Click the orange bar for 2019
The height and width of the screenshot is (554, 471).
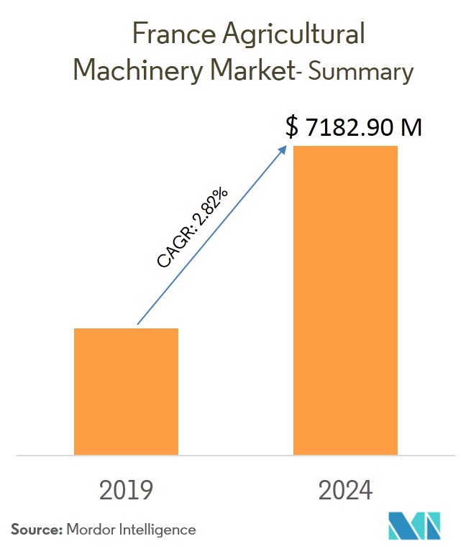126,391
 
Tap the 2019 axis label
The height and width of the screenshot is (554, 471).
126,490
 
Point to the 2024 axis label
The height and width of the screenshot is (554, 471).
345,490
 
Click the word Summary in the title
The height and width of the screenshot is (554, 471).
359,72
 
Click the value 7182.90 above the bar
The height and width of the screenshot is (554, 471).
347,128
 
